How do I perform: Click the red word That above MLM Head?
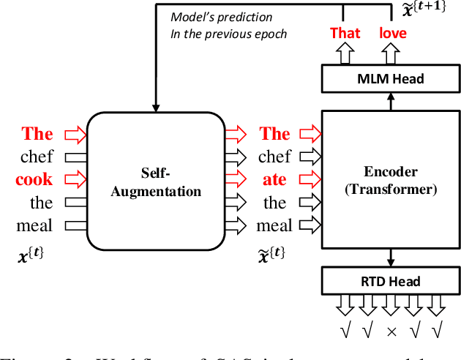(345, 32)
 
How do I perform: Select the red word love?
(392, 32)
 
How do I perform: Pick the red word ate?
(275, 179)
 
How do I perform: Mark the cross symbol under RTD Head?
(391, 331)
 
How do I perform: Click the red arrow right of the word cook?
(74, 179)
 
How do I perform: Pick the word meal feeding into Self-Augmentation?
(35, 225)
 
